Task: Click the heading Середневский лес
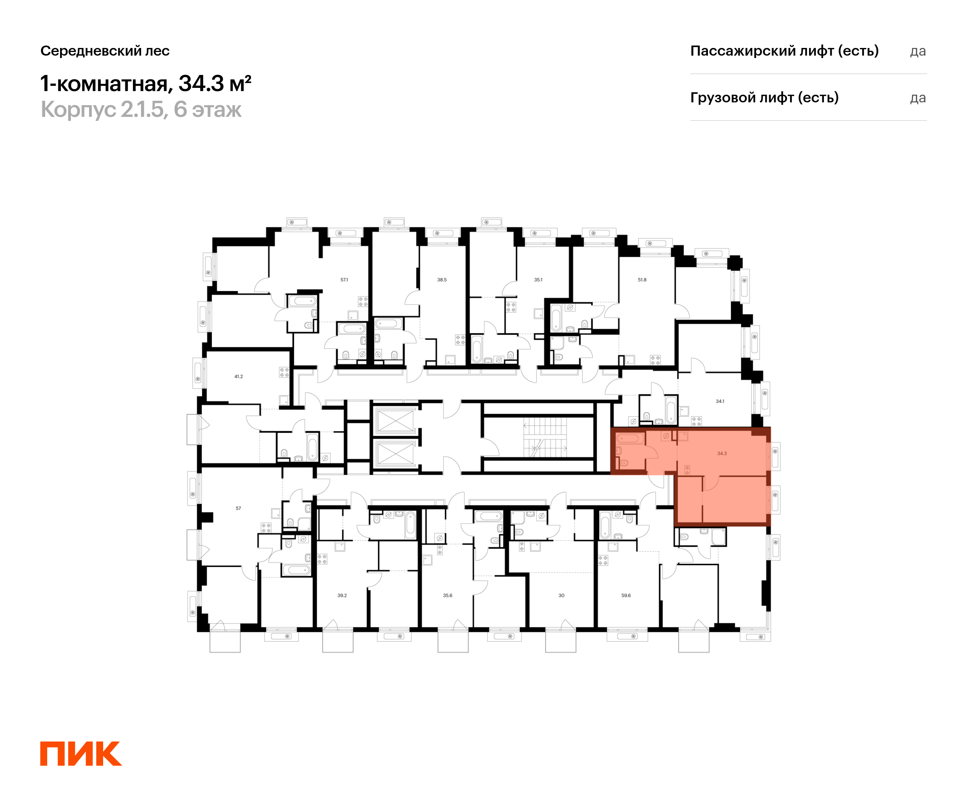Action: [105, 51]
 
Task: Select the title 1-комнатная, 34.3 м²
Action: [146, 83]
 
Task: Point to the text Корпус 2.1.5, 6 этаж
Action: [141, 110]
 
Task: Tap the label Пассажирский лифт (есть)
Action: [784, 51]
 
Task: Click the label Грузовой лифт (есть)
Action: [764, 98]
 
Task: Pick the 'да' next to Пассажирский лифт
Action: [918, 52]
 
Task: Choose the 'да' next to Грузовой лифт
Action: [918, 98]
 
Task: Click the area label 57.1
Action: [344, 280]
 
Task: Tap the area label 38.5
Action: [442, 280]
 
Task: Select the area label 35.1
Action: [538, 280]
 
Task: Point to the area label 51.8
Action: [642, 280]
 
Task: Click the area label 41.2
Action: [239, 376]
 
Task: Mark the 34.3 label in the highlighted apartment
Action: [722, 454]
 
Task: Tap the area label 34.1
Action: [720, 401]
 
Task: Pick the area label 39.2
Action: [342, 596]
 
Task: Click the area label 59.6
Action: [626, 596]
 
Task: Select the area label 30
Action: [561, 596]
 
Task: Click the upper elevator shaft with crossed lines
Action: [396, 420]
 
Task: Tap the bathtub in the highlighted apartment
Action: [630, 438]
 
